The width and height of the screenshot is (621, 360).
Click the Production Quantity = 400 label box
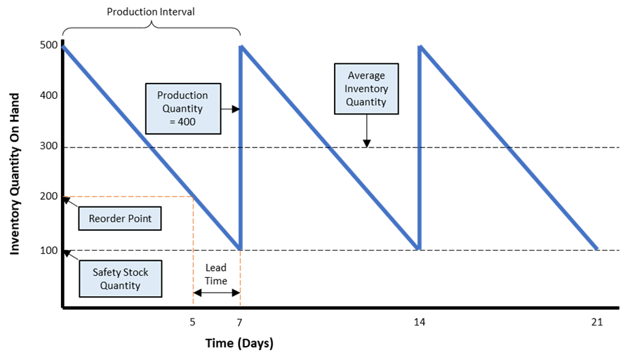pyautogui.click(x=182, y=109)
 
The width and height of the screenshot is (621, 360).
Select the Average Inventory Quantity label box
pyautogui.click(x=366, y=88)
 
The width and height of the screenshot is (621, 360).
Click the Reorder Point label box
pyautogui.click(x=120, y=219)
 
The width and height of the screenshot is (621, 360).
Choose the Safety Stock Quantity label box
pyautogui.click(x=120, y=279)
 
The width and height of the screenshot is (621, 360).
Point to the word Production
pyautogui.click(x=182, y=96)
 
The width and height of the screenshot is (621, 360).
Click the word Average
pyautogui.click(x=366, y=76)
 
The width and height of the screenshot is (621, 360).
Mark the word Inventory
pyautogui.click(x=366, y=89)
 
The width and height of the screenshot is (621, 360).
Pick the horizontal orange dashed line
pyautogui.click(x=126, y=196)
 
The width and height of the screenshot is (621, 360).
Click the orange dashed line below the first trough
pyautogui.click(x=240, y=281)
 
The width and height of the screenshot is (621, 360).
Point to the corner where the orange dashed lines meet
pyautogui.click(x=193, y=197)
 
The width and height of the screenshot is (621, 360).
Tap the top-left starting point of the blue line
pyautogui.click(x=64, y=47)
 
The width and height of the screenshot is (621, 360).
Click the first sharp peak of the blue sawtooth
pyautogui.click(x=241, y=47)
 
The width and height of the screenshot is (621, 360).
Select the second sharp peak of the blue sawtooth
pyautogui.click(x=420, y=47)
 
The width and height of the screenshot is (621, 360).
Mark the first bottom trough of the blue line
pyautogui.click(x=240, y=248)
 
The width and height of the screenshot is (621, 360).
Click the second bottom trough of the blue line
pyautogui.click(x=419, y=248)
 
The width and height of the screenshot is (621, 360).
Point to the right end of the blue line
pyautogui.click(x=597, y=248)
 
